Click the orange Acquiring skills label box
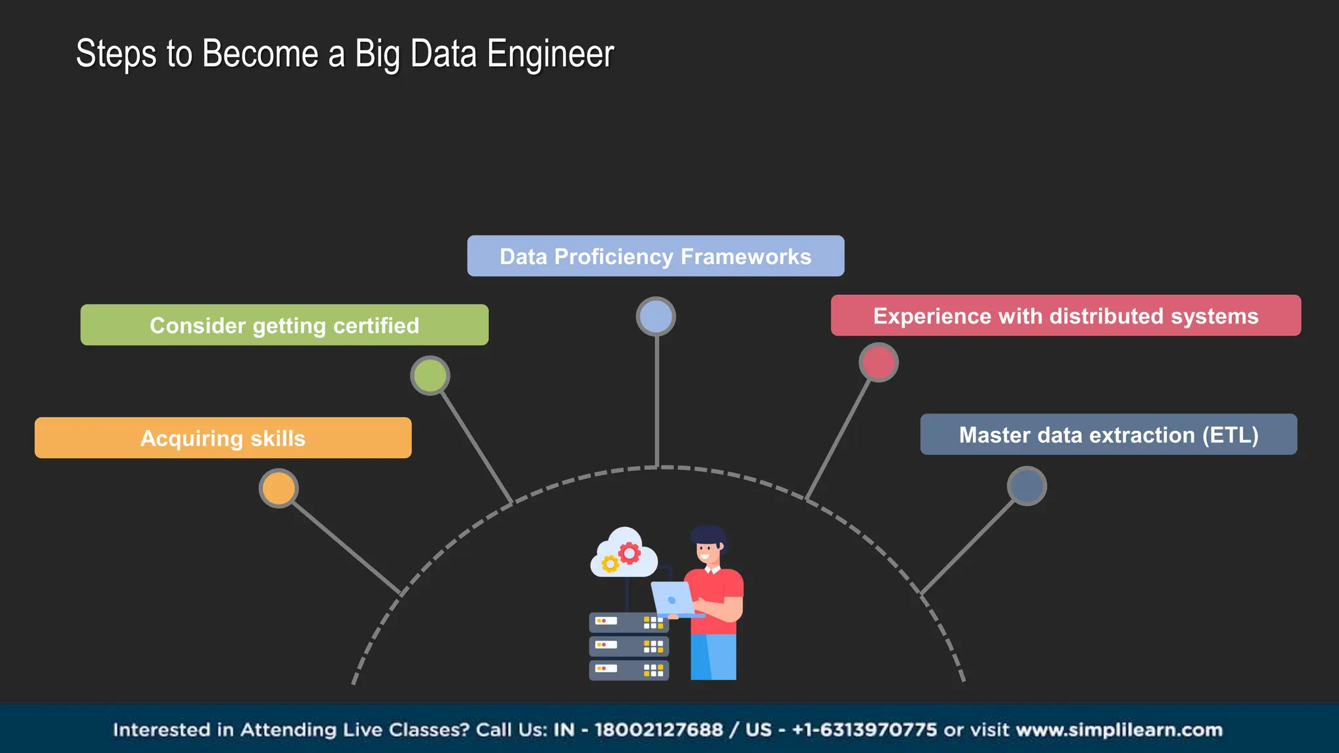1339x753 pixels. [x=223, y=438]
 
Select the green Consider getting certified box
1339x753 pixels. [x=284, y=325]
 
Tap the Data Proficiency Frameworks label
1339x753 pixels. [x=655, y=256]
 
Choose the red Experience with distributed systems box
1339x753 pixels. [x=1066, y=316]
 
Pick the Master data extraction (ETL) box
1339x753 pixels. [x=1108, y=435]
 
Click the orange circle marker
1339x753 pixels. [x=279, y=488]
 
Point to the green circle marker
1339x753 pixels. [x=430, y=376]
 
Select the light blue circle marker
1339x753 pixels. [x=656, y=317]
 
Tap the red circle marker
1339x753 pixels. [x=878, y=362]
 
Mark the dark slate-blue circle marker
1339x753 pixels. [x=1026, y=486]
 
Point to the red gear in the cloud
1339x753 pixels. [x=630, y=553]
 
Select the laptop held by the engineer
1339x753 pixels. [x=672, y=599]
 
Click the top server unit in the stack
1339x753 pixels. [x=628, y=622]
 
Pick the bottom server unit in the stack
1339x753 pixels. [x=628, y=670]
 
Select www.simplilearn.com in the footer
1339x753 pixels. [x=1119, y=729]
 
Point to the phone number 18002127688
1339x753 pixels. [x=658, y=729]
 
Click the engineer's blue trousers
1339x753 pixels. [x=713, y=656]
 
